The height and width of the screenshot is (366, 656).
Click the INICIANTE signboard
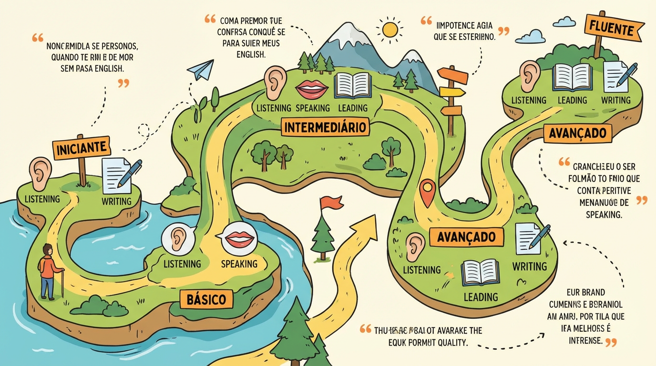[82, 148]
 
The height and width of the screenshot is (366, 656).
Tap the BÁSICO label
[206, 299]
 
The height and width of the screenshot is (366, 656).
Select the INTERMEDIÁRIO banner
[326, 127]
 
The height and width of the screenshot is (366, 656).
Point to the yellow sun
[390, 30]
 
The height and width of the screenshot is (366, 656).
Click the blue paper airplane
[200, 70]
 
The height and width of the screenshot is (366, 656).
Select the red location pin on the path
[428, 191]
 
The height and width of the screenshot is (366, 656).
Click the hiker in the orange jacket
[47, 270]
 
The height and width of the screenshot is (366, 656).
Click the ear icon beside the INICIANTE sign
[40, 174]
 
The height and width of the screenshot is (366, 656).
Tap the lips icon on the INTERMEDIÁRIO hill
[312, 89]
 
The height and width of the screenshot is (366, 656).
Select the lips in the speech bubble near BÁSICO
[239, 237]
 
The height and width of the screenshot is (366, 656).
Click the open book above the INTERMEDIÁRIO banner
[353, 86]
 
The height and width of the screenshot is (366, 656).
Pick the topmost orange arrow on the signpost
[452, 75]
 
